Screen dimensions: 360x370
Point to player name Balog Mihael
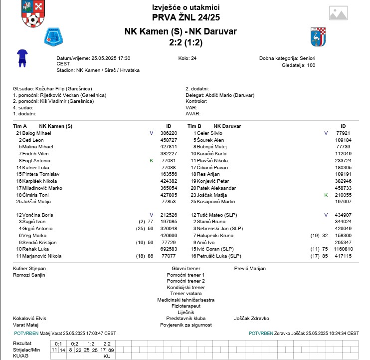pyautogui.click(x=37, y=133)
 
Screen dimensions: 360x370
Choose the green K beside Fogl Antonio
pyautogui.click(x=151, y=161)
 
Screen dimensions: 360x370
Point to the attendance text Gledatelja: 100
pyautogui.click(x=298, y=65)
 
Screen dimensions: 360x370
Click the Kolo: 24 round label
pyautogui.click(x=187, y=58)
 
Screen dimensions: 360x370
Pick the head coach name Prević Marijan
pyautogui.click(x=250, y=268)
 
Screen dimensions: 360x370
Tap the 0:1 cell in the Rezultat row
pyautogui.click(x=58, y=344)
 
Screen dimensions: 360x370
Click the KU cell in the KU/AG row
pyautogui.click(x=107, y=357)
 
